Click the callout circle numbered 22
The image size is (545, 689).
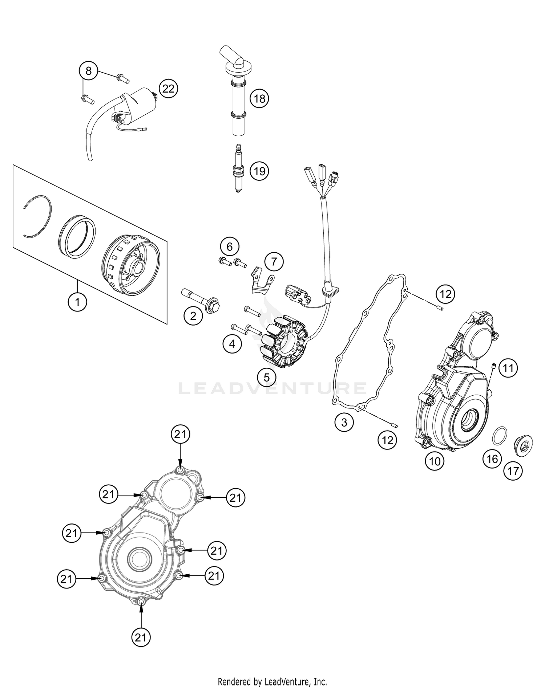(x=168, y=89)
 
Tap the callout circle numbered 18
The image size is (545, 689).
(x=259, y=98)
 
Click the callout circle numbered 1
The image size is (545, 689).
(x=77, y=302)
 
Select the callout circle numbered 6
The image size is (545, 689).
(x=229, y=247)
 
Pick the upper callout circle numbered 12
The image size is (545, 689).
(x=445, y=294)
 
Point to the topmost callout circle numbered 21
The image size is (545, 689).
(x=181, y=434)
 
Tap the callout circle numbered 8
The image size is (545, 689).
(x=89, y=71)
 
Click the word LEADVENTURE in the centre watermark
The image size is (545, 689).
(x=272, y=388)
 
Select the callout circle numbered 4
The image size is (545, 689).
(x=232, y=343)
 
